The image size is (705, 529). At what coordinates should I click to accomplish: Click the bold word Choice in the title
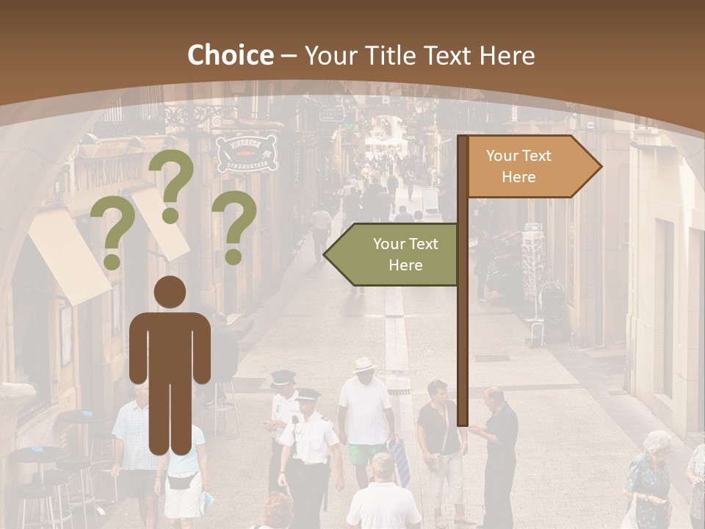coord(230,56)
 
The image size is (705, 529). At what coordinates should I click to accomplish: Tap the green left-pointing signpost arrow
coord(393,254)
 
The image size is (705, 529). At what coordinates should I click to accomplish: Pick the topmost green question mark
coord(172,184)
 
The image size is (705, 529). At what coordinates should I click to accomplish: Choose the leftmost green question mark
coord(112,234)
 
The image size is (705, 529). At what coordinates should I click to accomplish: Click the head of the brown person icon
coord(170,292)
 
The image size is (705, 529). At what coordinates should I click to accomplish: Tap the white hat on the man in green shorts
coord(364,364)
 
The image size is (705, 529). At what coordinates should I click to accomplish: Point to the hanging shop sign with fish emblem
coord(247,153)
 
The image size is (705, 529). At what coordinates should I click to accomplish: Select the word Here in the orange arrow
coord(518,177)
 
